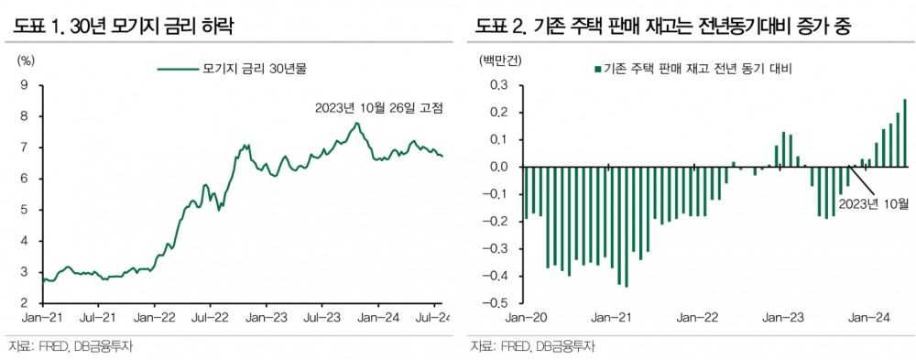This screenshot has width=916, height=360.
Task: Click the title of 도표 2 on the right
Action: (662, 25)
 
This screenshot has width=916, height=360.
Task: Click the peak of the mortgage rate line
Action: (356, 123)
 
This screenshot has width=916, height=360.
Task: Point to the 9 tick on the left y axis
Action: (24, 85)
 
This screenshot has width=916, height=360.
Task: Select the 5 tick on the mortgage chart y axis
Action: (24, 210)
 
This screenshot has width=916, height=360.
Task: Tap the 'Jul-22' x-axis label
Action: (209, 318)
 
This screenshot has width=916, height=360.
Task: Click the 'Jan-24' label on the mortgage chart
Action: (376, 318)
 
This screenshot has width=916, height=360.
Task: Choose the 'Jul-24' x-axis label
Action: (431, 318)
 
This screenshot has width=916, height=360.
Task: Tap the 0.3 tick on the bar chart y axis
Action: (500, 85)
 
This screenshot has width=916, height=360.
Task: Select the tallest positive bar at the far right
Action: (905, 133)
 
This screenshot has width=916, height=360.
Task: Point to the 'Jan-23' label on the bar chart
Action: (784, 318)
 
